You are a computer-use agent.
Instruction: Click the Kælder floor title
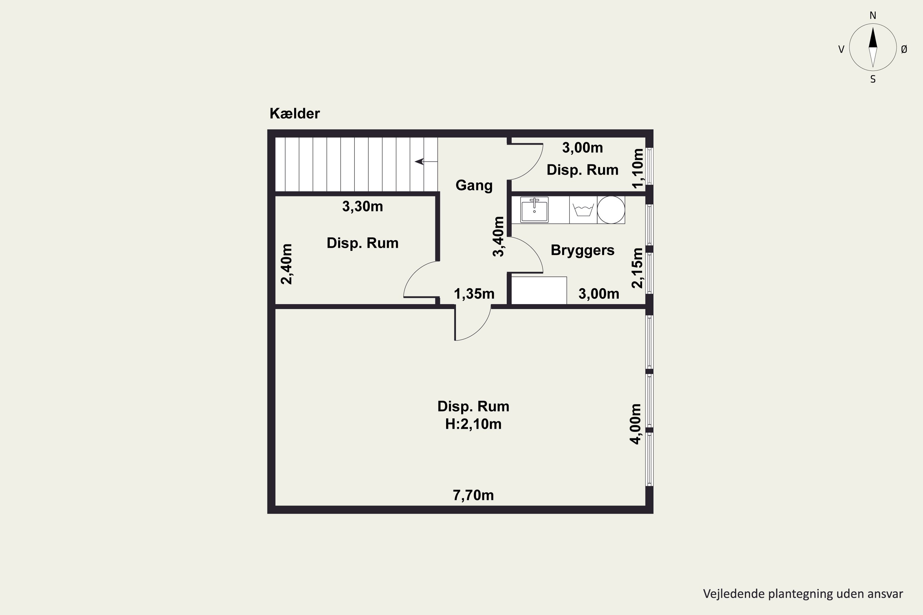tap(295, 114)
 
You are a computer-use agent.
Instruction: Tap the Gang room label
tap(474, 185)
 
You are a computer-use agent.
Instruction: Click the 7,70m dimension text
tap(473, 495)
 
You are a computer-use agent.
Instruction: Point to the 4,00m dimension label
tap(635, 424)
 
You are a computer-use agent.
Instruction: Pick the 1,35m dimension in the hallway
tap(474, 294)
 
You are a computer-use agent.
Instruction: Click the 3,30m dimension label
tap(363, 206)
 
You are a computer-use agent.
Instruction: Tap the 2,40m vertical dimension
tap(286, 264)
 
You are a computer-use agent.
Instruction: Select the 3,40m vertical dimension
tap(498, 236)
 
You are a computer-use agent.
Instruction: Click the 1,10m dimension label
tap(638, 168)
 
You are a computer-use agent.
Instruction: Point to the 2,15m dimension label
tap(637, 268)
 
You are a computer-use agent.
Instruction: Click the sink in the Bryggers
tap(534, 210)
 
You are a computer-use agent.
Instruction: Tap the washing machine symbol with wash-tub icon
tap(583, 210)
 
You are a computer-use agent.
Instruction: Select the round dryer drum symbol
tap(611, 210)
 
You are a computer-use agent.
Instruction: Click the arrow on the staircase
tap(426, 161)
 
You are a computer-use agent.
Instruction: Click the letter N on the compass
tap(873, 16)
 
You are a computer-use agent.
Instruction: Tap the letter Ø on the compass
tap(904, 49)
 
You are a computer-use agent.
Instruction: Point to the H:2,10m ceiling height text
tap(473, 424)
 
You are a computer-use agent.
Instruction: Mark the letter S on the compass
tap(873, 79)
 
